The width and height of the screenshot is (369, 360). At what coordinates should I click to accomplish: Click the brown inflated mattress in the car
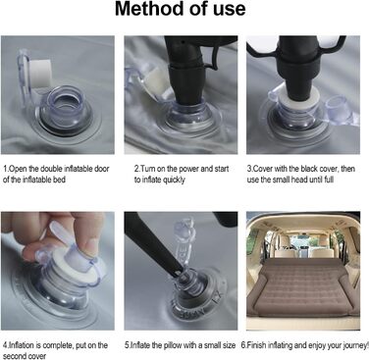tap(303, 286)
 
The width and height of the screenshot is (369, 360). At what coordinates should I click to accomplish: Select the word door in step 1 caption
tap(101, 169)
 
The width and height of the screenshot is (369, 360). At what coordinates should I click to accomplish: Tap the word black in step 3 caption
tap(310, 169)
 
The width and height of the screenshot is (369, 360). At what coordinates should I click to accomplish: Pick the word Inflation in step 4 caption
tap(22, 345)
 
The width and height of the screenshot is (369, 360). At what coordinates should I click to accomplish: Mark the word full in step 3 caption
tap(329, 180)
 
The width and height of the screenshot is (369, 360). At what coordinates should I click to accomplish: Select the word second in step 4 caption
tap(16, 356)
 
